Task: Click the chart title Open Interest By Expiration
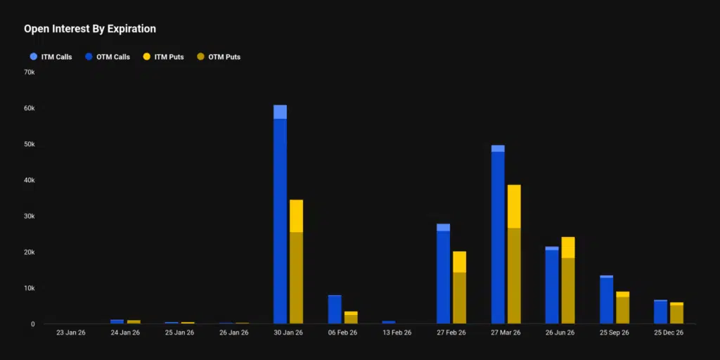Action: tap(90, 29)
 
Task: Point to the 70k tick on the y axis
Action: tap(29, 72)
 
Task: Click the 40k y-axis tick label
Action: tap(29, 180)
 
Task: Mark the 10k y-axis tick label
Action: tap(29, 288)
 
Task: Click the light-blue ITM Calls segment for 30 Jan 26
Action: tap(280, 112)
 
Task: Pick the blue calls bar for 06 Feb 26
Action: tap(335, 310)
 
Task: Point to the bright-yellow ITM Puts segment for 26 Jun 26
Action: tap(568, 247)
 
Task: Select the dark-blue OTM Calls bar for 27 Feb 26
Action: tap(443, 277)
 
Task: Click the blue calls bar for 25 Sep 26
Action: tap(606, 301)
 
